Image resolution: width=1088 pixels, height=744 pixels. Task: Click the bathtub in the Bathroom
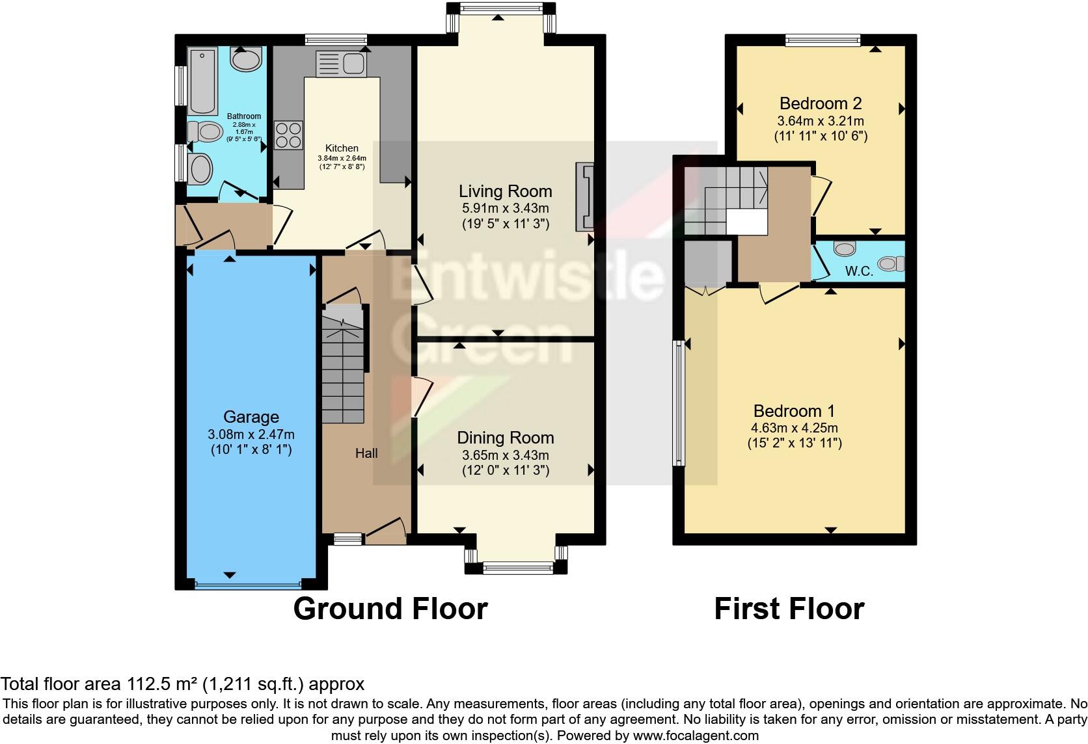click(203, 81)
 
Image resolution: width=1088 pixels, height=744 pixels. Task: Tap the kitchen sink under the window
click(342, 64)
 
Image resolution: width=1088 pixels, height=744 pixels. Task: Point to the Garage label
click(251, 417)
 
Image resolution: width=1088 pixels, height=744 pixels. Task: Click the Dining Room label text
click(505, 438)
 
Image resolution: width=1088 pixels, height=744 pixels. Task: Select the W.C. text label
click(859, 271)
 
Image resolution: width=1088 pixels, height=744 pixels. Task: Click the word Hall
click(366, 453)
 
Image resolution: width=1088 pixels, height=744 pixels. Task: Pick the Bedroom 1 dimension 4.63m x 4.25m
click(795, 428)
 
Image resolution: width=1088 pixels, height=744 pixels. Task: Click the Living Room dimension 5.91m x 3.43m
click(505, 209)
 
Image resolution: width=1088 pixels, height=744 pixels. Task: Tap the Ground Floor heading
click(390, 609)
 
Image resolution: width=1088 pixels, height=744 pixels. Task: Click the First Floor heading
click(789, 609)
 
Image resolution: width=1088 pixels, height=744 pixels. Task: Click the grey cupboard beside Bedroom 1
click(708, 263)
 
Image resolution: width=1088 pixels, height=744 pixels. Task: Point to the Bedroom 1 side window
click(679, 403)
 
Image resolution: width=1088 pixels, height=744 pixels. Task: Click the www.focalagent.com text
click(696, 736)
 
